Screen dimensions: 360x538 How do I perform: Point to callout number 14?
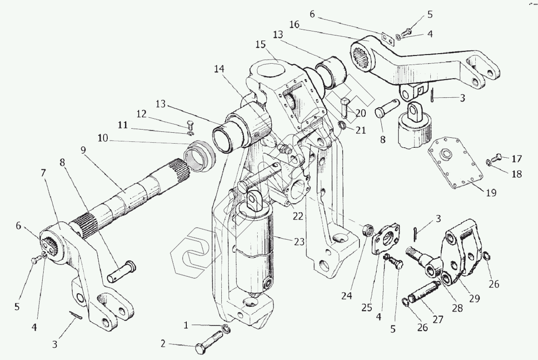219,69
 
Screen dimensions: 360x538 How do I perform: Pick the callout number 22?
298,217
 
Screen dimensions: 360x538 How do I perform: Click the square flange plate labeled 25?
386,240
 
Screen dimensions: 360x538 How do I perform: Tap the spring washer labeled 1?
226,328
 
